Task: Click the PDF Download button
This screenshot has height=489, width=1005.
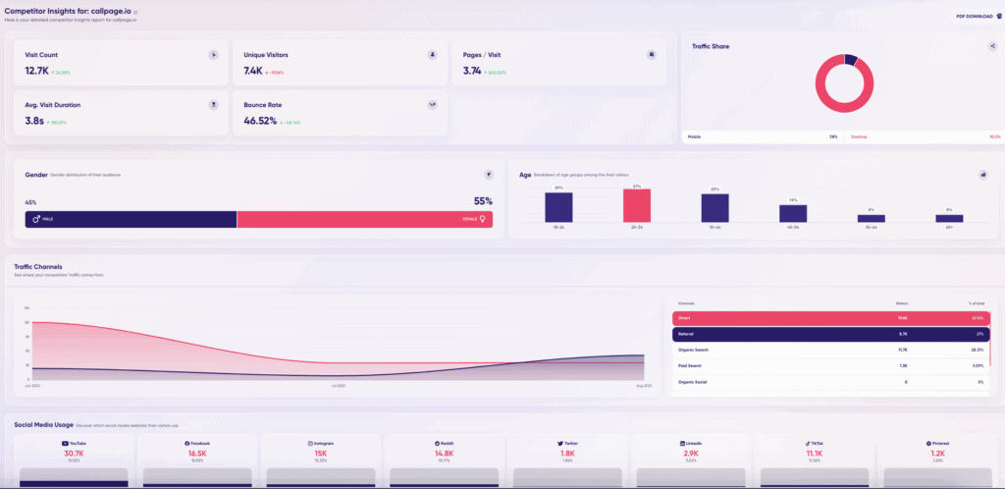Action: click(974, 17)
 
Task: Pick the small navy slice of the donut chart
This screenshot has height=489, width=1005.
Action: click(850, 60)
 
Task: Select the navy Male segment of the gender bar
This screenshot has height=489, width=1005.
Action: click(131, 219)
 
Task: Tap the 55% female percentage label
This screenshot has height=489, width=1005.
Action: click(483, 201)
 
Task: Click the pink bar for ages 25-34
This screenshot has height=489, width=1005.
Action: click(636, 205)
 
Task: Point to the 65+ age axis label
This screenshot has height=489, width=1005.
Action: click(949, 226)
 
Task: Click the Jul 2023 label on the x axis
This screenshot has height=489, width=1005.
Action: click(338, 387)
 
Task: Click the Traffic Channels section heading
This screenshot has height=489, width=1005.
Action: click(39, 266)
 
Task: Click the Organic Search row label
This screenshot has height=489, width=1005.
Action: click(695, 350)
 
